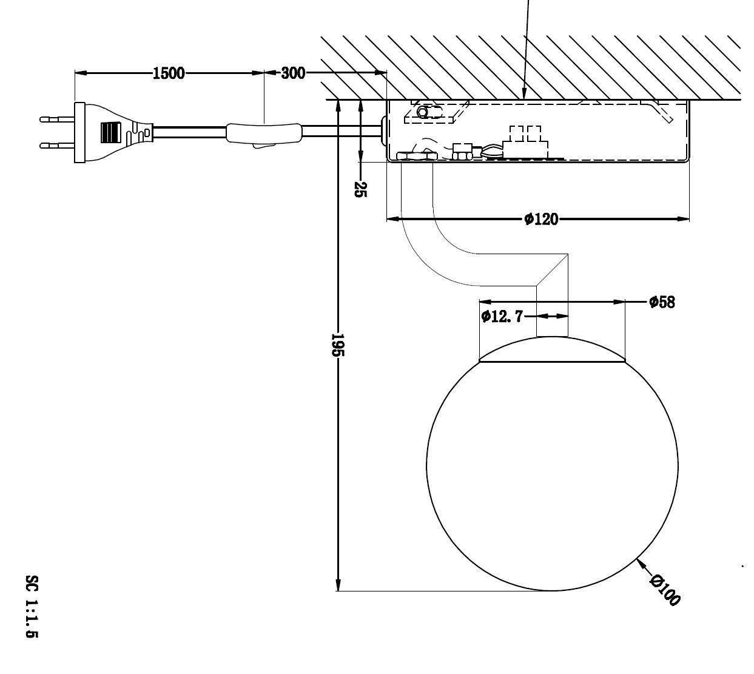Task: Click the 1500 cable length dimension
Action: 168,73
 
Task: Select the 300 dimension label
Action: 293,73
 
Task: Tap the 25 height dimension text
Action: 360,189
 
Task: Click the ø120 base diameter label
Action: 540,219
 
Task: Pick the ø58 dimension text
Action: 661,302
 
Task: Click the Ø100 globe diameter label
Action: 665,589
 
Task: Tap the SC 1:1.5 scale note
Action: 32,606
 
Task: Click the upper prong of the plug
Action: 56,119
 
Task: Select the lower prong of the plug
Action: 56,146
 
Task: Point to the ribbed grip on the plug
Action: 110,132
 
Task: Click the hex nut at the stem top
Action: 416,156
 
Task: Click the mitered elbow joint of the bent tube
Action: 552,269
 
